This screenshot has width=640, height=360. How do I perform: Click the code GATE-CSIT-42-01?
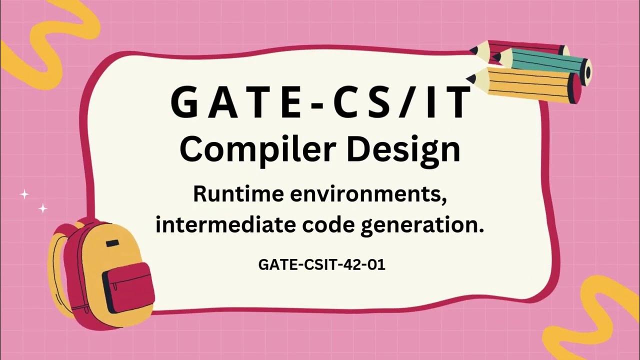pyautogui.click(x=321, y=264)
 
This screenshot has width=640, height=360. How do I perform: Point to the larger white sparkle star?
pyautogui.click(x=23, y=194)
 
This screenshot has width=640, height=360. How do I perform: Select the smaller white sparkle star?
pyautogui.click(x=43, y=208)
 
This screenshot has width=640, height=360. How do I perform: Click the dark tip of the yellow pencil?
pyautogui.click(x=470, y=78)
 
